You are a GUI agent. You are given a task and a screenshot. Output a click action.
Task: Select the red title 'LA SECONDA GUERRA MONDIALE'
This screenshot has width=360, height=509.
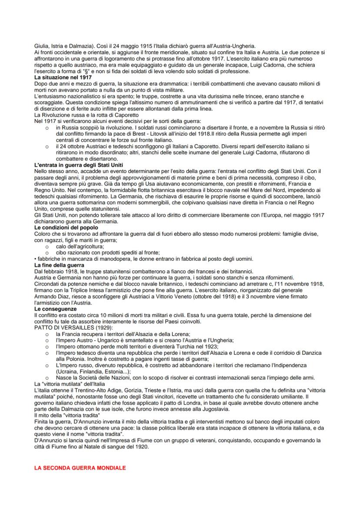[x=80, y=468]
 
